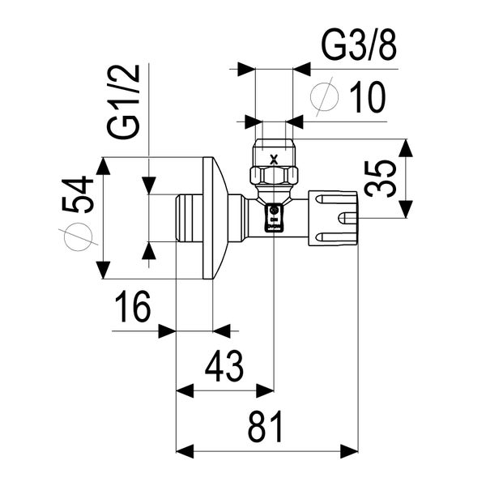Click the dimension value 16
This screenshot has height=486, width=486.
pos(131,308)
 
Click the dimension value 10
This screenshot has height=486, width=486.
pos(367,98)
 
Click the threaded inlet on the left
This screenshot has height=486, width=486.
pos(188,219)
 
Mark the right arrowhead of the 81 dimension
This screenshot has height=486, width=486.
pos(350,449)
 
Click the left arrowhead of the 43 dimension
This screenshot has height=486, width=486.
pos(185,390)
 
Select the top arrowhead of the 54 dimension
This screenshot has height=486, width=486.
pos(103,165)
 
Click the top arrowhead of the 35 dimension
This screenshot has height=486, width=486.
pos(406,147)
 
